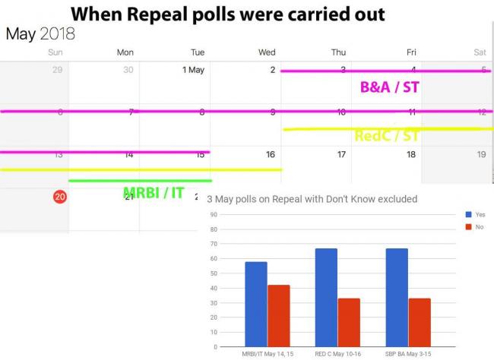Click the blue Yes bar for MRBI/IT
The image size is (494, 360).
click(x=256, y=304)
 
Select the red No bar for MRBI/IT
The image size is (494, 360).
click(x=278, y=316)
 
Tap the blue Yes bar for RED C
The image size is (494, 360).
click(x=327, y=297)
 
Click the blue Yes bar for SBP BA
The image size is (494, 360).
click(x=397, y=297)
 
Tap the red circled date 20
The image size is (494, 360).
click(x=59, y=197)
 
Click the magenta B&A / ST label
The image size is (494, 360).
click(x=389, y=87)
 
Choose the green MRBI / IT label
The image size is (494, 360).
click(x=153, y=193)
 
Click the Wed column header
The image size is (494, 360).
click(x=267, y=52)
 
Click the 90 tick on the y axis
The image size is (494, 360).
click(x=216, y=214)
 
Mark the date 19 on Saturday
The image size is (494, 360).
click(x=480, y=155)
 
